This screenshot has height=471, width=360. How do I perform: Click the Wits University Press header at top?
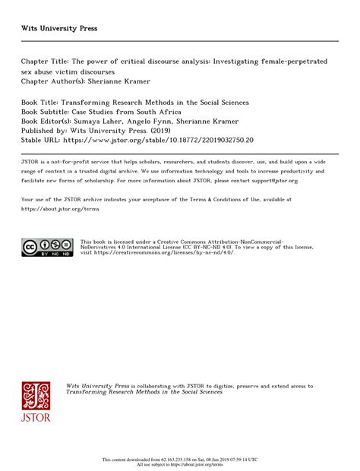pyautogui.click(x=59, y=28)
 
